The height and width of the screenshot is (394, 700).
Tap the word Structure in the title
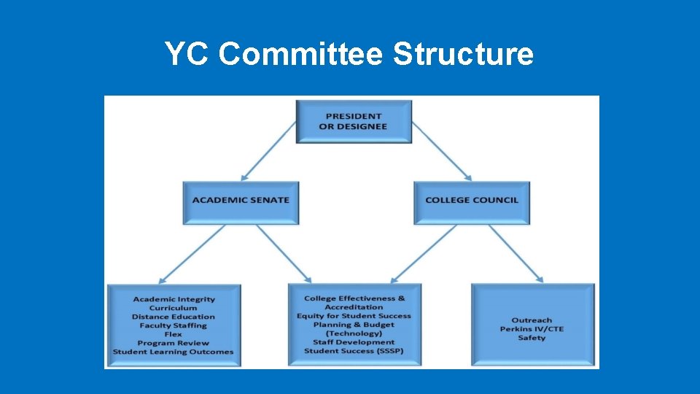(x=462, y=54)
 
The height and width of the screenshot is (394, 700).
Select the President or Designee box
(x=354, y=121)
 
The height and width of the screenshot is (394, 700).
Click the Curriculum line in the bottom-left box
(x=174, y=308)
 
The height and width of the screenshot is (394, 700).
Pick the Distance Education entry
(x=174, y=317)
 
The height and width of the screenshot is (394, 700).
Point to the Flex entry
(x=174, y=334)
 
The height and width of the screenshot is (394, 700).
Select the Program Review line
(x=174, y=343)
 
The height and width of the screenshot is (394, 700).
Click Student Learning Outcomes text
(x=174, y=352)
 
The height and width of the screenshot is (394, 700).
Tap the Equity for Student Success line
(x=354, y=316)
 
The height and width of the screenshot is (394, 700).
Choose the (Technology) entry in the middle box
(x=354, y=333)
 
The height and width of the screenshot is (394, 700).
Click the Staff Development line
(x=354, y=342)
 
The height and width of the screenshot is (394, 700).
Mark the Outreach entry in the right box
(x=532, y=320)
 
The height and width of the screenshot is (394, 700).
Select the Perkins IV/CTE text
(x=532, y=329)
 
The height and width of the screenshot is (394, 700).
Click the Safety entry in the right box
(x=532, y=338)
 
